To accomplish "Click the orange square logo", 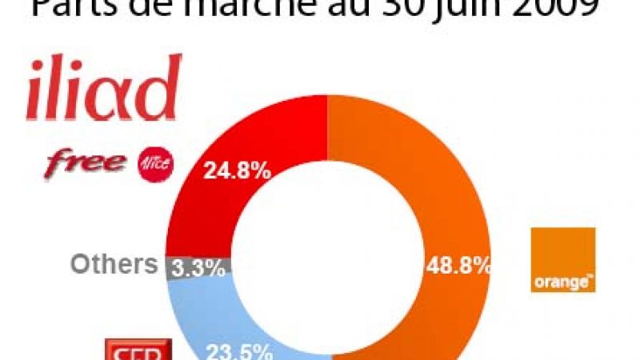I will [563, 259].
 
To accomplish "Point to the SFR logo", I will [139, 350].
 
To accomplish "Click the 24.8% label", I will [237, 170].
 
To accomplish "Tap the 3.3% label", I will [198, 267].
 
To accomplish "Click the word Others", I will [114, 264].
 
